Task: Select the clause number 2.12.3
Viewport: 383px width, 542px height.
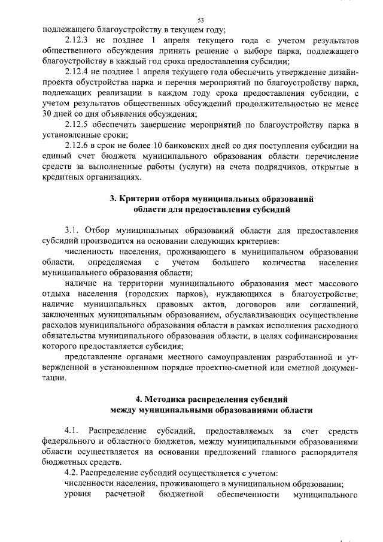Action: (77, 40)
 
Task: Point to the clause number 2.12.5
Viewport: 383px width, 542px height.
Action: (77, 125)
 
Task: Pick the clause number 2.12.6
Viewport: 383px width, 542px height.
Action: (77, 146)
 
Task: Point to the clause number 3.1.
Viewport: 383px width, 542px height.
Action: (72, 231)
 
